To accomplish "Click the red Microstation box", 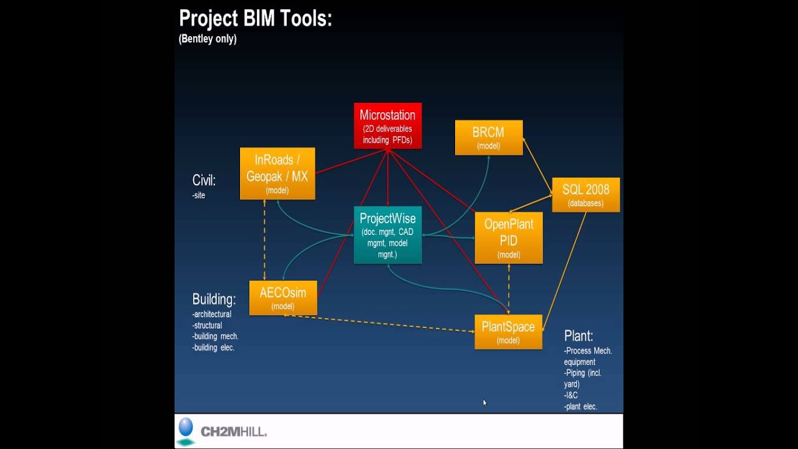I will pos(388,126).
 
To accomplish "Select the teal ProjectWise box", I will pos(388,234).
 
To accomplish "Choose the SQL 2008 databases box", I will pos(585,195).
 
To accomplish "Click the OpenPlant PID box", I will pos(509,238).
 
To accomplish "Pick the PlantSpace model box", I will pos(508,332).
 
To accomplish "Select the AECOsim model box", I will pos(283,298).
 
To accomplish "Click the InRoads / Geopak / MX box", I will pos(277,173).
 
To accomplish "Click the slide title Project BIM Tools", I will pos(256,19).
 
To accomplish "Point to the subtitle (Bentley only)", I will pos(208,39).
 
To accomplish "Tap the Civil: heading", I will pos(204,180).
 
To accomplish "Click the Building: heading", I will pos(214,299).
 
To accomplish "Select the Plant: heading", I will pos(579,336).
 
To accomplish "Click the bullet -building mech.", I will pos(215,336).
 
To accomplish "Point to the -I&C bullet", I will pos(571,395).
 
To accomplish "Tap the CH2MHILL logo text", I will pos(233,432).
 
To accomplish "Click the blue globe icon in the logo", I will pos(186,428).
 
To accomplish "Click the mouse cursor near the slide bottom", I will pos(484,403).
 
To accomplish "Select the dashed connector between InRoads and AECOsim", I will pos(264,240).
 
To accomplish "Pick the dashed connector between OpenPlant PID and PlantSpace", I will pos(509,289).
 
